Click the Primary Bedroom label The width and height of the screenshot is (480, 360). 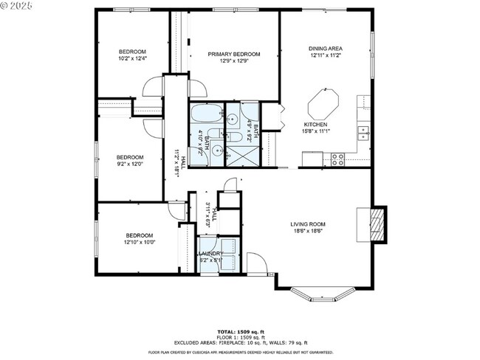pos(233,54)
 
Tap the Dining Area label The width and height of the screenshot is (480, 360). pos(326,49)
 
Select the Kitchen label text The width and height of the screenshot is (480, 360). pos(315,125)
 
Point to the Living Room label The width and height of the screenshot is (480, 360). pos(308,224)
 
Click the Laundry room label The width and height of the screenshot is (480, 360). pos(210,253)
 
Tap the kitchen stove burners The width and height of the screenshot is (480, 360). pos(337,157)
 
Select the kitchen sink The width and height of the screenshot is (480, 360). pos(363,133)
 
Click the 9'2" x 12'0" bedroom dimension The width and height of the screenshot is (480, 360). pos(129,165)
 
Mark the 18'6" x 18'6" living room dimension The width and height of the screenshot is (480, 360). pos(308,231)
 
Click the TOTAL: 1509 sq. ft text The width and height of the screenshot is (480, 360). pos(240,332)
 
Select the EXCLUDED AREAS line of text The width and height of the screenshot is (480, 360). pos(240,343)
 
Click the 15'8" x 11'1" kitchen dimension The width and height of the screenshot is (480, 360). pos(315,131)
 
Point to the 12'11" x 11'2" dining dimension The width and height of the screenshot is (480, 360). pos(326,55)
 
